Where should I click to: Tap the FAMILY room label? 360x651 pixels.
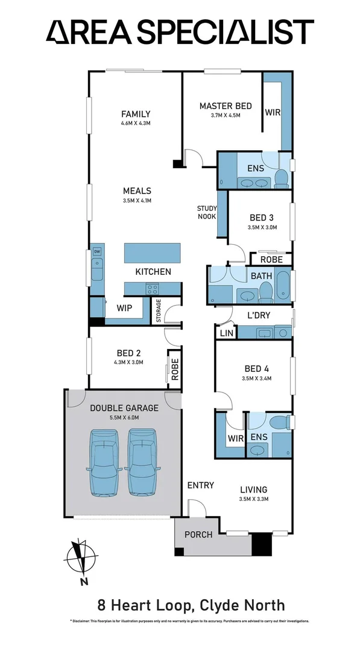(136, 114)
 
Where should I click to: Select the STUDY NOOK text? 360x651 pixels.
(207, 213)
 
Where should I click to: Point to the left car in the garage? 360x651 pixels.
(105, 462)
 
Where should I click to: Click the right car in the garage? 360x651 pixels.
(143, 462)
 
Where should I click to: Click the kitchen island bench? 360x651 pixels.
(153, 253)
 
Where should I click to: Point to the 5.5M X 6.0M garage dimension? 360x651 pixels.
(124, 418)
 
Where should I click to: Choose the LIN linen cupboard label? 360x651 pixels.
(226, 333)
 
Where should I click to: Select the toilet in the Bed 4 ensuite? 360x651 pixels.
(279, 424)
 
